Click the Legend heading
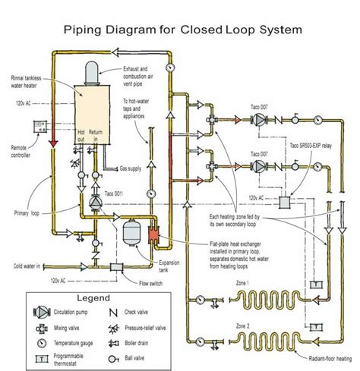(x=91, y=298)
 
